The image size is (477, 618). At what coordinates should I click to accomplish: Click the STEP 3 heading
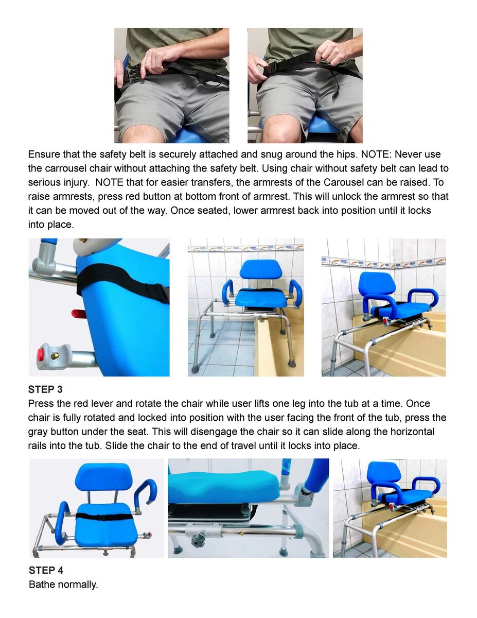(x=45, y=389)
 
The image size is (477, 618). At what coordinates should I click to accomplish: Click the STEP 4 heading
(x=46, y=570)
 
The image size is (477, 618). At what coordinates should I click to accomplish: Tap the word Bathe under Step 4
(x=42, y=585)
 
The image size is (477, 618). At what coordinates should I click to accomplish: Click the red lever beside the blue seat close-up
(x=79, y=314)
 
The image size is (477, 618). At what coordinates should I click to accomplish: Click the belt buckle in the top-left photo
(x=134, y=73)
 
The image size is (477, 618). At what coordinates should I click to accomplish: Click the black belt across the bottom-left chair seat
(x=104, y=517)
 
